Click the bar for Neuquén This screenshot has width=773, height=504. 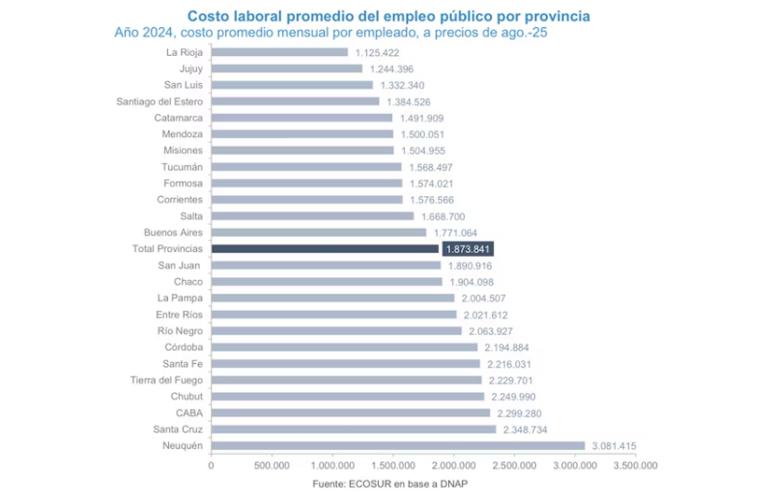[398, 445]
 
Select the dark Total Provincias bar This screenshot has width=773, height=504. [325, 248]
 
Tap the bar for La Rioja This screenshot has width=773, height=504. [279, 52]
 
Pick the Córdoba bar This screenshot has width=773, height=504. [344, 347]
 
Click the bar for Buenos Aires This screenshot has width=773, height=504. [319, 232]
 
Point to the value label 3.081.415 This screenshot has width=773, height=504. [619, 445]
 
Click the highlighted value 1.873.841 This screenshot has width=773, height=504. [469, 248]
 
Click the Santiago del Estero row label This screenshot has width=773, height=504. [159, 101]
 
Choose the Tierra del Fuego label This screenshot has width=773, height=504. [167, 379]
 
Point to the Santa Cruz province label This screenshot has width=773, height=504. [178, 429]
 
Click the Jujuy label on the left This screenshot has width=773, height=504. [190, 69]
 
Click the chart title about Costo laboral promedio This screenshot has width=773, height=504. [388, 16]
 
